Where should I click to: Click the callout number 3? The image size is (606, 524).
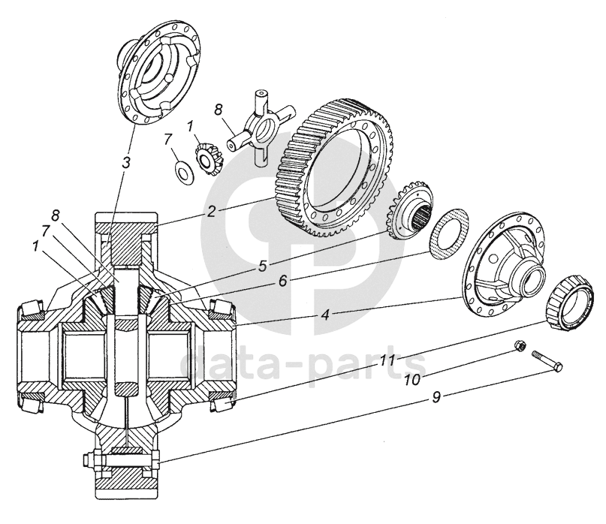click(126, 163)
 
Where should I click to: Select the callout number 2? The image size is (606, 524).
click(210, 212)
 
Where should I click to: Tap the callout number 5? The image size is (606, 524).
click(263, 267)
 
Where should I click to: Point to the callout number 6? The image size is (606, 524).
click(283, 281)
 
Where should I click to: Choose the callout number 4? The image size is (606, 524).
click(325, 315)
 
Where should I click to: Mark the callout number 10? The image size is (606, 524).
click(413, 380)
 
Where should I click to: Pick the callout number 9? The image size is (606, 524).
click(436, 397)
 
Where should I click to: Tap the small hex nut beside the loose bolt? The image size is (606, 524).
click(519, 345)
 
